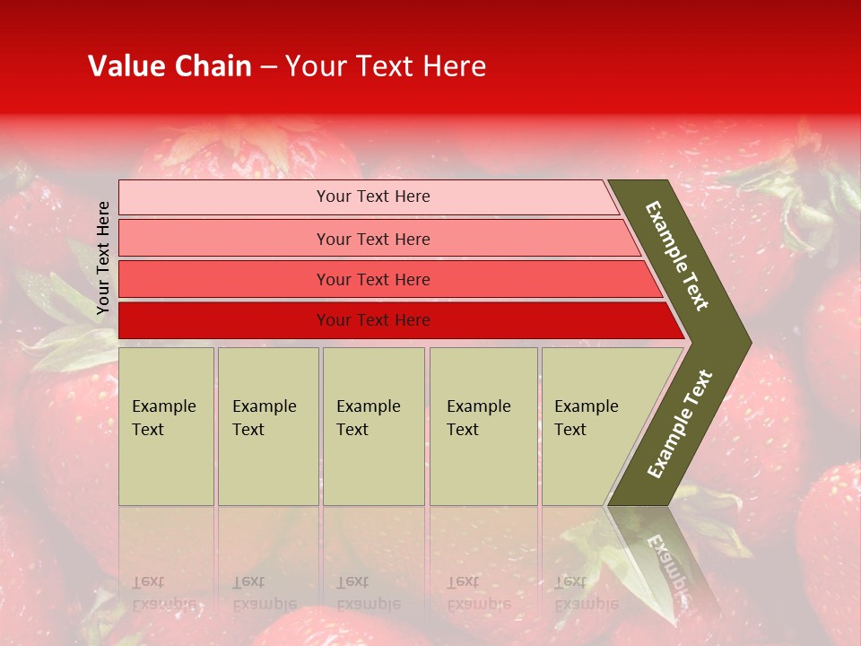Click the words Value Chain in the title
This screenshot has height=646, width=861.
(x=170, y=66)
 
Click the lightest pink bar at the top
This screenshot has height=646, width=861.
(x=224, y=197)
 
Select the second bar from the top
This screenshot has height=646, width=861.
(x=224, y=239)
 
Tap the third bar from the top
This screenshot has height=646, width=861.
(x=224, y=280)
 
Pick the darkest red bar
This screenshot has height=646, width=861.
(x=224, y=320)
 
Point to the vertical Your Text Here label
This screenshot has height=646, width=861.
(x=103, y=258)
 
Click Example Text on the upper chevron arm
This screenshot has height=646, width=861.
(x=677, y=256)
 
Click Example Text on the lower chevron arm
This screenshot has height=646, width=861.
(x=679, y=424)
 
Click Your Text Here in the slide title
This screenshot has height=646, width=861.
(x=386, y=66)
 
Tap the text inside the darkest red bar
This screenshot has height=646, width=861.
(x=373, y=320)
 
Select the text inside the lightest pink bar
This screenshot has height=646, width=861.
(x=373, y=196)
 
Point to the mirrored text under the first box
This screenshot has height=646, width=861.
(x=163, y=593)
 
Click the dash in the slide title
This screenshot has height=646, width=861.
(x=268, y=66)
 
